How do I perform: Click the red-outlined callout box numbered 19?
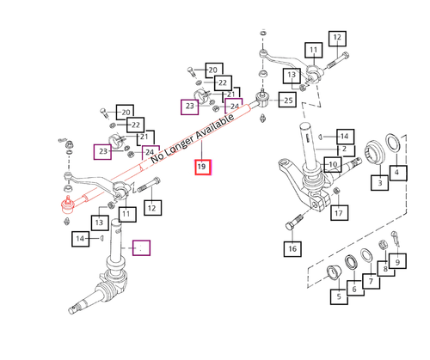pos(203,167)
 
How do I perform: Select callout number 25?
pos(287,100)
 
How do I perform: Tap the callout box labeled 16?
pos(292,248)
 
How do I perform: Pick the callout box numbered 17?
pos(339,213)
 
